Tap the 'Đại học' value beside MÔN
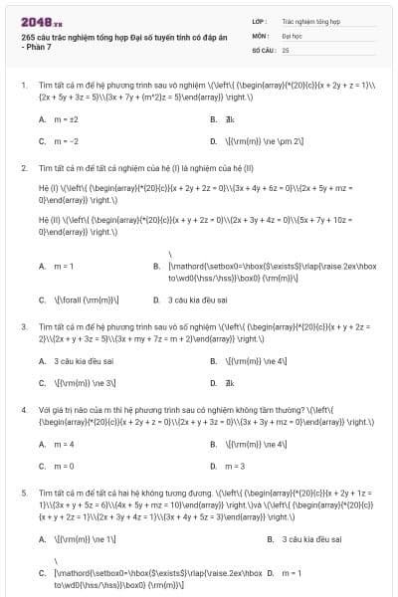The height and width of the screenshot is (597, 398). (x=293, y=35)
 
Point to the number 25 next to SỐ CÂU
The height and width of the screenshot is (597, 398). (x=286, y=49)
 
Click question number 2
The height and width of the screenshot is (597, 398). (x=24, y=167)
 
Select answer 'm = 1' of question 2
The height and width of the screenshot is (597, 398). (x=64, y=266)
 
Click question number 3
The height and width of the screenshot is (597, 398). (x=24, y=325)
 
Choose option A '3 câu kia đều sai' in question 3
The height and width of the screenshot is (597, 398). (x=79, y=360)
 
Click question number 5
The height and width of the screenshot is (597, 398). (x=24, y=493)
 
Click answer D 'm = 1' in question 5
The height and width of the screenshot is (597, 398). (x=292, y=573)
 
